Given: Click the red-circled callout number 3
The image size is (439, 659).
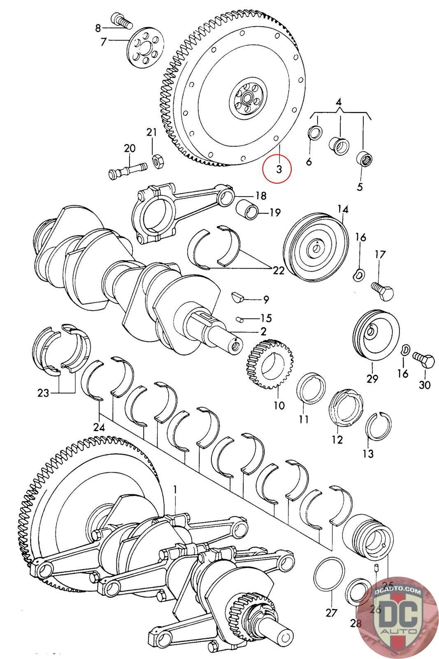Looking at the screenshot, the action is click(279, 169).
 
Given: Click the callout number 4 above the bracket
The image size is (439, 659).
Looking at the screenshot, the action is click(339, 103).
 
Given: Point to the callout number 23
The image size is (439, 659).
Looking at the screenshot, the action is click(43, 393).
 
